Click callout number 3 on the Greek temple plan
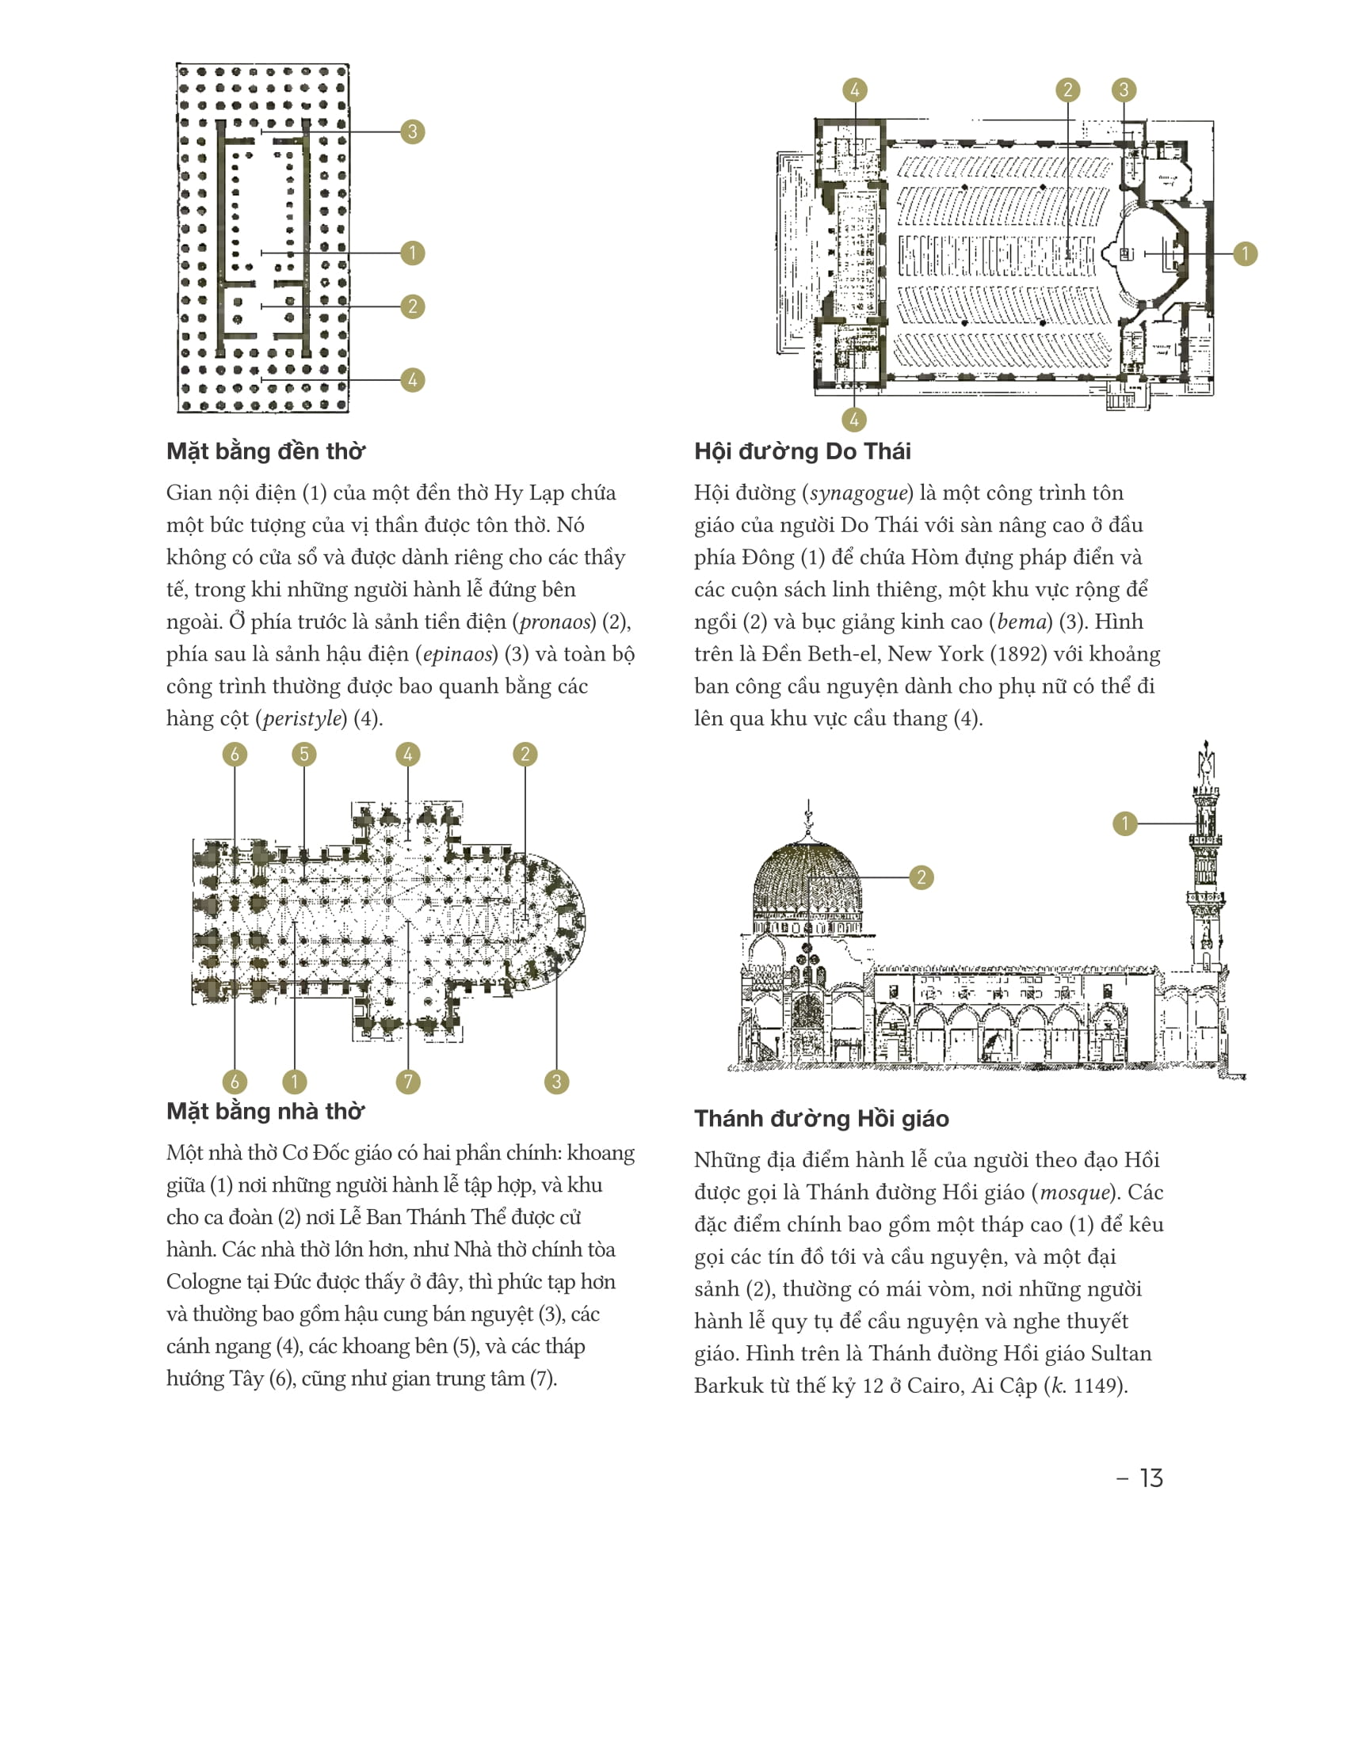click(412, 131)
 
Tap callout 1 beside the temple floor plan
click(412, 253)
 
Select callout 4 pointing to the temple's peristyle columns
click(412, 379)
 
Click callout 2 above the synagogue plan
click(1067, 90)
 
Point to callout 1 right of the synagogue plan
click(1245, 253)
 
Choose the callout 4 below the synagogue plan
click(854, 420)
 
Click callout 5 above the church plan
click(303, 754)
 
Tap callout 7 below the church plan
click(408, 1082)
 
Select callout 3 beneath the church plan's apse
click(556, 1082)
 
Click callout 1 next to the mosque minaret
click(1125, 823)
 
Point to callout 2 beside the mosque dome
click(921, 877)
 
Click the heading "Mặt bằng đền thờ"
click(265, 451)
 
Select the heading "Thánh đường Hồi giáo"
click(821, 1118)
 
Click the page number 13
click(1150, 1478)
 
